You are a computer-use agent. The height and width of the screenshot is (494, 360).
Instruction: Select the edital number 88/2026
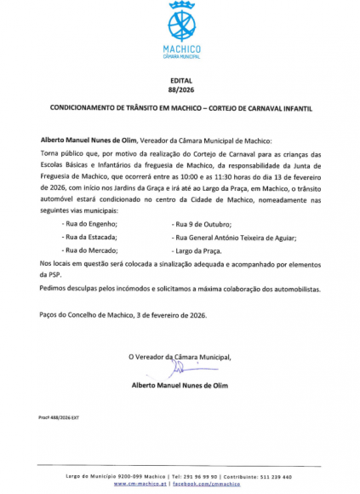[x=181, y=89]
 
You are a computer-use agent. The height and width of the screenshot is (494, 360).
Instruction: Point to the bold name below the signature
[x=180, y=386]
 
